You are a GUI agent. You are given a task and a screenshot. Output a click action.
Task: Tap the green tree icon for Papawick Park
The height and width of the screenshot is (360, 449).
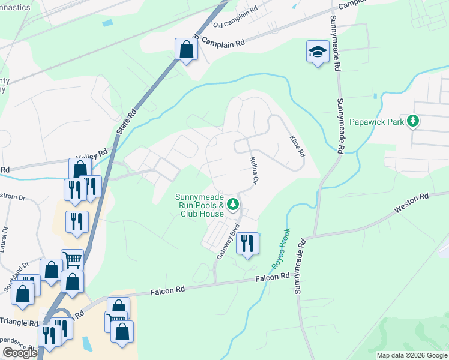tap(413, 122)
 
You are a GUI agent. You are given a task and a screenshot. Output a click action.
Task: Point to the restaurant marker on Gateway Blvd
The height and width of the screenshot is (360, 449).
tap(247, 244)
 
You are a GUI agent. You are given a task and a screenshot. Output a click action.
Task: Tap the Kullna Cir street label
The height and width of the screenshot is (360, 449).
tap(254, 171)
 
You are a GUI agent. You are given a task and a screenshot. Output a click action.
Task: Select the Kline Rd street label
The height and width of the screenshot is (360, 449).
tap(297, 146)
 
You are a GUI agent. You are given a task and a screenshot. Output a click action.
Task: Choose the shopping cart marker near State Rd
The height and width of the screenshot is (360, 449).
tap(72, 260)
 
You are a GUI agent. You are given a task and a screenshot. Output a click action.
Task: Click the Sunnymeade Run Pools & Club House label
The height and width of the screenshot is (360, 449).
tap(199, 205)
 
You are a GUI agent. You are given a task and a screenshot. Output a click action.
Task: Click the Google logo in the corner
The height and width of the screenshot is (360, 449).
tap(20, 353)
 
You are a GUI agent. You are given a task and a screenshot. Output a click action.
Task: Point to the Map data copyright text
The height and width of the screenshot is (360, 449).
tap(412, 355)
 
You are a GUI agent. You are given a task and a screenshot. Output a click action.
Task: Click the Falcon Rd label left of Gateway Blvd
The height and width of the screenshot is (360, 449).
tap(168, 290)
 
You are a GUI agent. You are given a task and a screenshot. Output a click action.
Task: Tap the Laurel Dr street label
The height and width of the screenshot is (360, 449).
tap(4, 238)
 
